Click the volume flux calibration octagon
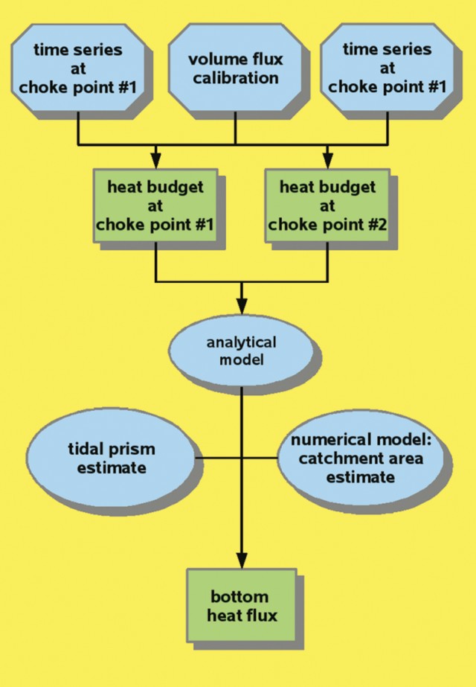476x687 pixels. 235,68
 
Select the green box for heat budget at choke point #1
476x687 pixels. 155,205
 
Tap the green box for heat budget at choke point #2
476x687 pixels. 327,205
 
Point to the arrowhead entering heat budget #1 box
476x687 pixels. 155,159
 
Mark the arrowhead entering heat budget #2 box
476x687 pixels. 327,159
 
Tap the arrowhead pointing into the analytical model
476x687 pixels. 241,307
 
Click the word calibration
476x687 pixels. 235,77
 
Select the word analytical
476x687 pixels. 241,344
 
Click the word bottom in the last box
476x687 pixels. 239,597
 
